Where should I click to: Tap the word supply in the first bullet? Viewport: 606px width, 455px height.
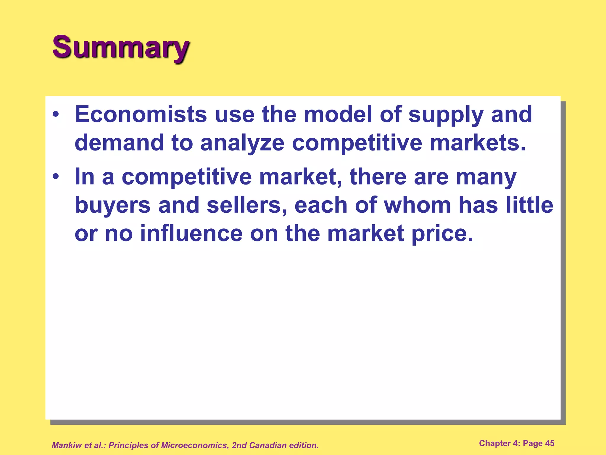(446, 115)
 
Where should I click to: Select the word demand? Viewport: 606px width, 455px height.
(119, 143)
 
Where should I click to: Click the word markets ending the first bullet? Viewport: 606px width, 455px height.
(478, 143)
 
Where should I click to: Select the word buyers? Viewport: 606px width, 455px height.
(112, 205)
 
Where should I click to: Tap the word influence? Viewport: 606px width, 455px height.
(191, 233)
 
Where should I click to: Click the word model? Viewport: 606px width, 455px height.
(338, 114)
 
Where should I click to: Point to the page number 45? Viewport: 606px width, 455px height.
(549, 443)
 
